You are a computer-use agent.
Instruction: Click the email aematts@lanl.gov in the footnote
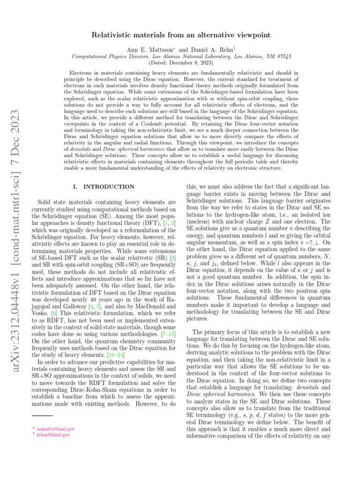(x=57, y=428)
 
